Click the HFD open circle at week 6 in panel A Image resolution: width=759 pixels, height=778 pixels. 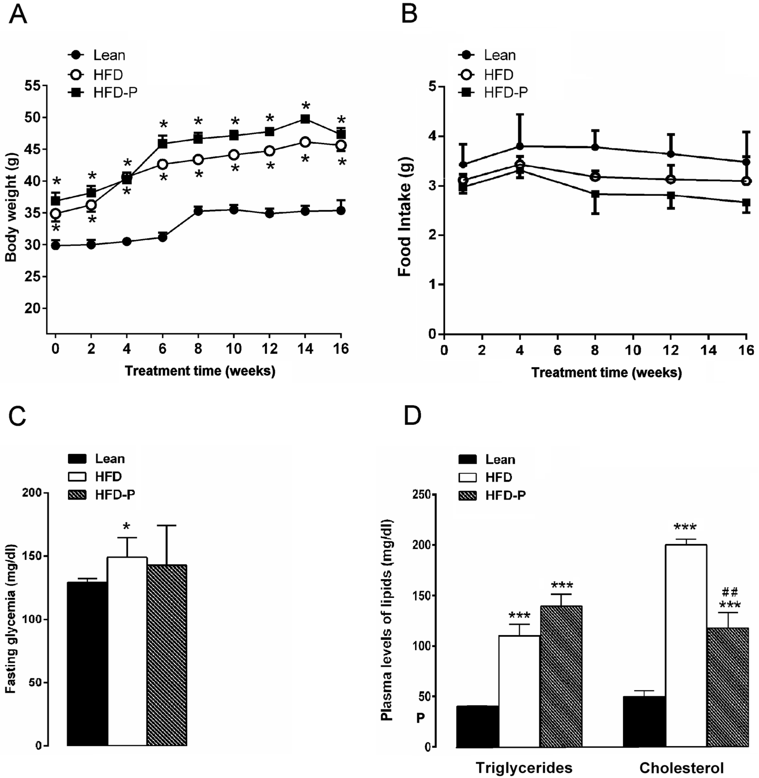[163, 164]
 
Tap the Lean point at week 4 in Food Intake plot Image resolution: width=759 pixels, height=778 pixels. [519, 146]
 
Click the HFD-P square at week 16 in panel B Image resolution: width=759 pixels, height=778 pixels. [746, 202]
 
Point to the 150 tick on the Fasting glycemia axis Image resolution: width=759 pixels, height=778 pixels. [35, 556]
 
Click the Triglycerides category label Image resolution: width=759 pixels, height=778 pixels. [524, 767]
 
